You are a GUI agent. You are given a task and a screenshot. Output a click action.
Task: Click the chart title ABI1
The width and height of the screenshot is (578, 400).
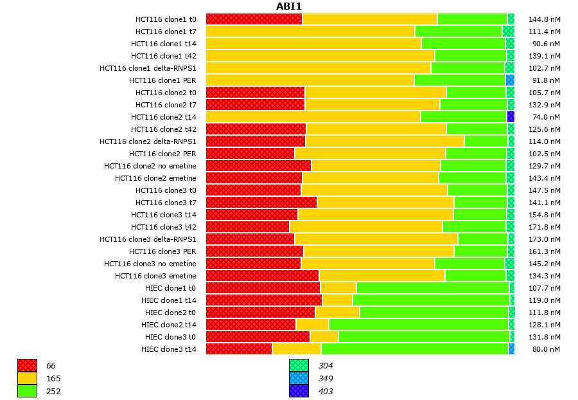(x=288, y=6)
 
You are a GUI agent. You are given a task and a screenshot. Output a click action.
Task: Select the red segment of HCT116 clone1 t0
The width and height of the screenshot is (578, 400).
(x=254, y=19)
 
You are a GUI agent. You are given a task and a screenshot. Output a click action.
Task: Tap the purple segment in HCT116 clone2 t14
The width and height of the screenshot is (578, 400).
(x=511, y=117)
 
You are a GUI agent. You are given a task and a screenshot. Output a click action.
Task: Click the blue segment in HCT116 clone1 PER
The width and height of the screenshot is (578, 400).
(x=510, y=80)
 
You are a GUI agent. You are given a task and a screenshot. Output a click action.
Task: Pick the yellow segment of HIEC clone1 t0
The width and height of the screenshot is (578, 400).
(x=338, y=288)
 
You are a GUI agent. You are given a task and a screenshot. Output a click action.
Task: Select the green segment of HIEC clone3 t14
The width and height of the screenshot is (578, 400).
(x=415, y=349)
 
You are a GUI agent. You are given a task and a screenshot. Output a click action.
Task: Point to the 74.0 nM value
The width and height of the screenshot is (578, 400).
(x=546, y=117)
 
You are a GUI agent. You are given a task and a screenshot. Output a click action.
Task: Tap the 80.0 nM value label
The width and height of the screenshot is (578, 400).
(x=546, y=349)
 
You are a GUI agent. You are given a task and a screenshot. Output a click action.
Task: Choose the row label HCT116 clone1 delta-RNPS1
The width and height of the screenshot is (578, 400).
(x=148, y=68)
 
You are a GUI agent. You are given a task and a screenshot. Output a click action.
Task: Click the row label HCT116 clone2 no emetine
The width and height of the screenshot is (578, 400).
(x=150, y=166)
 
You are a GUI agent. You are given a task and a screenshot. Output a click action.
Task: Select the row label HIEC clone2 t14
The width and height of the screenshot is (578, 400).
(x=169, y=325)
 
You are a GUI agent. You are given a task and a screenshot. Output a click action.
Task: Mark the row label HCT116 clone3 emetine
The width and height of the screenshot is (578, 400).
(x=155, y=276)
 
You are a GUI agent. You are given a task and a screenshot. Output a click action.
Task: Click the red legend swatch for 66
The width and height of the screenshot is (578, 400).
(x=27, y=366)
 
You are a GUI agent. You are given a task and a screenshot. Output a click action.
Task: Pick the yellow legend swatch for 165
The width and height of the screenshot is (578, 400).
(x=27, y=379)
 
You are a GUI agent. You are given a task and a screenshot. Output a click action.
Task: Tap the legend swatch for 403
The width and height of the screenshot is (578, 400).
(x=299, y=391)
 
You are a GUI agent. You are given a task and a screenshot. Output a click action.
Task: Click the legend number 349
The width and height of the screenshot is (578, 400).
(x=326, y=379)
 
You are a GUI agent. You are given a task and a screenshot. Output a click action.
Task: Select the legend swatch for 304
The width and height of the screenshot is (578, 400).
(x=299, y=366)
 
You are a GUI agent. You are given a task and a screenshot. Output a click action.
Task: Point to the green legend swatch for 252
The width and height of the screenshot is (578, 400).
(x=27, y=391)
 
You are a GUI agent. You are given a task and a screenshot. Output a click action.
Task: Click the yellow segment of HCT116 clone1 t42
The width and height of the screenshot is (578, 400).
(x=320, y=56)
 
